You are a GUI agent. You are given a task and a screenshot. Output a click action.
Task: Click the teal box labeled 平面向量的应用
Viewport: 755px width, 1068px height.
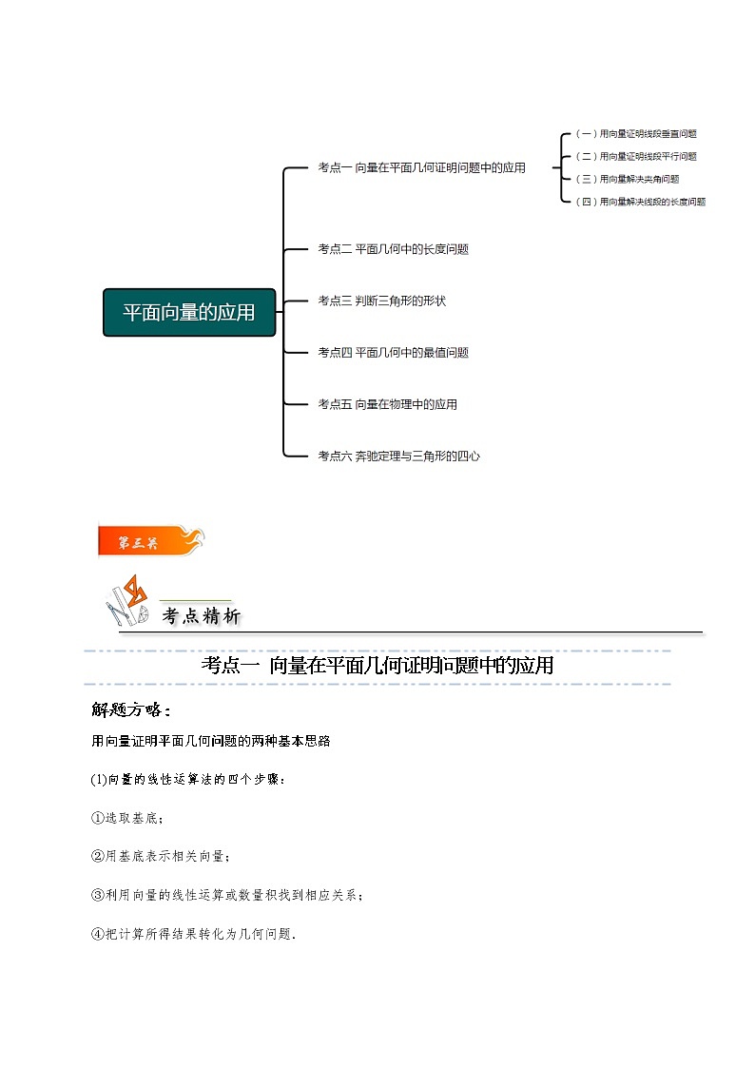pos(189,312)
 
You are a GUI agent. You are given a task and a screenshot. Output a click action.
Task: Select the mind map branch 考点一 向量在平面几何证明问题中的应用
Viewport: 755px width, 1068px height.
pos(421,167)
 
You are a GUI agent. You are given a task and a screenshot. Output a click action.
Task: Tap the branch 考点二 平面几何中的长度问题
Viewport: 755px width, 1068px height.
pos(393,249)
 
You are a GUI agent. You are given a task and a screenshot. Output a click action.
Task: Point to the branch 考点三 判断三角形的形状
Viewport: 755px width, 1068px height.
pos(381,301)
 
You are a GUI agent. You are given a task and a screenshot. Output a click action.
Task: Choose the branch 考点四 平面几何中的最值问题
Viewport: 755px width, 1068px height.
pos(393,352)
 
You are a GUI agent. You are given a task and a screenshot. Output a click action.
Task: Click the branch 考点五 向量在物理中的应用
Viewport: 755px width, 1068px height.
pos(387,404)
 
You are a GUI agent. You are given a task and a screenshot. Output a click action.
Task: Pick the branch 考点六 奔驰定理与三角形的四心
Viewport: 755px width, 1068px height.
pos(398,456)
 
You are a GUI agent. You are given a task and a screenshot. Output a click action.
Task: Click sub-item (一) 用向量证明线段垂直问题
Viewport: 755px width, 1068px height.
pos(636,134)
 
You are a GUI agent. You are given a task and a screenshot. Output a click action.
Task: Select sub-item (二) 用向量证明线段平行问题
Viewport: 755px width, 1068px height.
pos(636,156)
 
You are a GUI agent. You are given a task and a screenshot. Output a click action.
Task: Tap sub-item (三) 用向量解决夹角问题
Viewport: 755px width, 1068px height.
pos(628,179)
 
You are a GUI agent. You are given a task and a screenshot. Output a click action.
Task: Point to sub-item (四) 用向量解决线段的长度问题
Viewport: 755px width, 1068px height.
pos(641,202)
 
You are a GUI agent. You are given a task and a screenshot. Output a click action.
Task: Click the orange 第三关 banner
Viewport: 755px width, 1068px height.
pos(149,541)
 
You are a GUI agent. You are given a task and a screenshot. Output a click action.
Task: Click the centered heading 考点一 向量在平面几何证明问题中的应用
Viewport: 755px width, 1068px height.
pos(377,666)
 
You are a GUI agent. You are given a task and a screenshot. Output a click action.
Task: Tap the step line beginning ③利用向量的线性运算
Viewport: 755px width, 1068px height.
pos(227,895)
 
